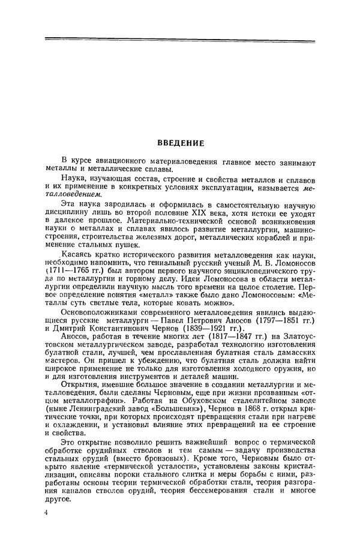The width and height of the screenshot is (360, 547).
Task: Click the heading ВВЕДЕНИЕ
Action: pos(180,143)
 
